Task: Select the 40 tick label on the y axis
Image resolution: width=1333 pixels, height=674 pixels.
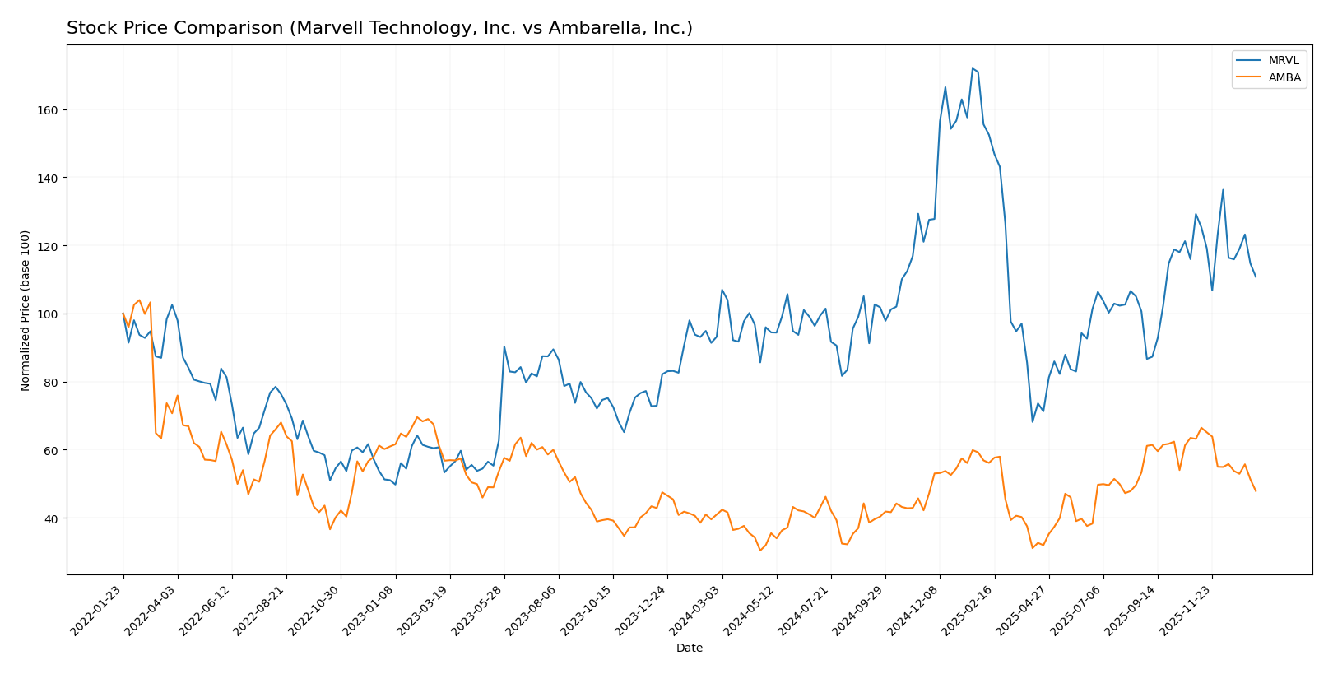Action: (50, 518)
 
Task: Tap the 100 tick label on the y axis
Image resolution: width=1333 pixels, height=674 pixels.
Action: (47, 314)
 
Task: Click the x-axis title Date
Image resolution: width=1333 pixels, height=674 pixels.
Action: (689, 648)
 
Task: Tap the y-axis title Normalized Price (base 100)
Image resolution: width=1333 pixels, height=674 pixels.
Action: (26, 310)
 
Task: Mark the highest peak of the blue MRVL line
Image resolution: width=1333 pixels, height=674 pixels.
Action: (972, 68)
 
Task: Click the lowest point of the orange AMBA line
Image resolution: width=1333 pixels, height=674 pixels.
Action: (760, 551)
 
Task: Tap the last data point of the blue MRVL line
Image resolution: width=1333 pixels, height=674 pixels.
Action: (1256, 277)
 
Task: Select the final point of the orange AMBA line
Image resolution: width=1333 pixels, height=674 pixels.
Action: (1256, 491)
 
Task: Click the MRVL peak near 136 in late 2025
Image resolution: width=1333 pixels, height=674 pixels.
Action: (1223, 190)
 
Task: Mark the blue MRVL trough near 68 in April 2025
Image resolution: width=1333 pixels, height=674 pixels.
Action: (1033, 422)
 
